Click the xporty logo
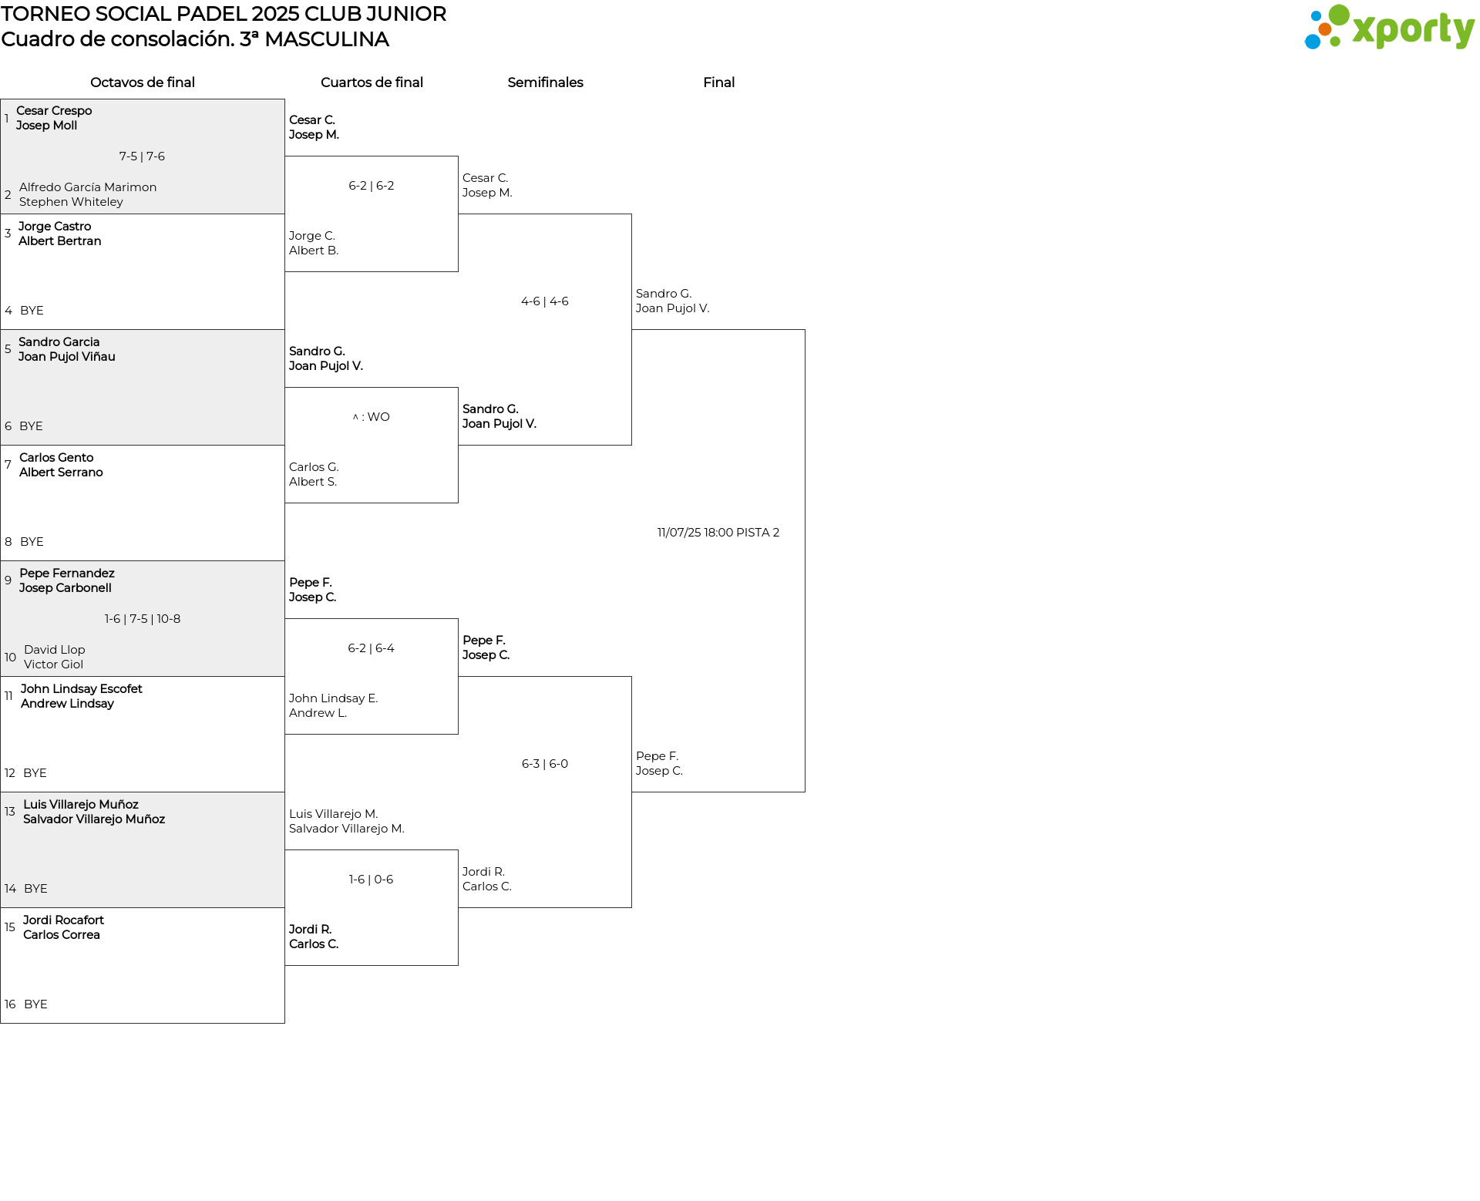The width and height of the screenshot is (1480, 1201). coord(1389,27)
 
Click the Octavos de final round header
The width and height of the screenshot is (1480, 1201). coord(143,82)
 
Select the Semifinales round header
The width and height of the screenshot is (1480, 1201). coord(545,82)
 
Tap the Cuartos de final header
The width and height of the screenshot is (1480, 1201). coord(372,82)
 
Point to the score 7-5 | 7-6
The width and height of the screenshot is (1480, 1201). coord(142,156)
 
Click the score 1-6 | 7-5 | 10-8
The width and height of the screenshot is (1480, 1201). coord(143,619)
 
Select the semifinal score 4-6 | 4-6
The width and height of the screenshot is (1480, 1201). coord(545,301)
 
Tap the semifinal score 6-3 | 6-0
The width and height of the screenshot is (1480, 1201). coord(545,764)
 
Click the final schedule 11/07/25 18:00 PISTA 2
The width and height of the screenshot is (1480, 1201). coord(718,533)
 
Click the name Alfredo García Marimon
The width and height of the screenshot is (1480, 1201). coord(88,187)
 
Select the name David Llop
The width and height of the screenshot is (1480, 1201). coord(55,650)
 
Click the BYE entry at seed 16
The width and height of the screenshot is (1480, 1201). coord(35,1004)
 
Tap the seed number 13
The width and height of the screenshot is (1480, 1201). coord(10,812)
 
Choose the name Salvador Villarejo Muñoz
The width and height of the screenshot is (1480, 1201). coord(94,819)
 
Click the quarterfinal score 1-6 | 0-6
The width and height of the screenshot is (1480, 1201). coord(372,880)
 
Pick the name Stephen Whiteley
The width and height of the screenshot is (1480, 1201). coord(71,202)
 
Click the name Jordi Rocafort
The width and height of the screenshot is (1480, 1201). coord(63,920)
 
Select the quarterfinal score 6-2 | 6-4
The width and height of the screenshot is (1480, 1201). coord(372,648)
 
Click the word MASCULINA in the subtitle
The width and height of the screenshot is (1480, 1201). coord(327,39)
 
